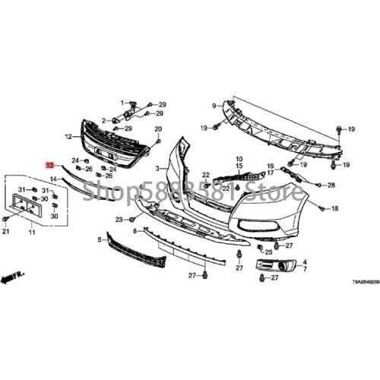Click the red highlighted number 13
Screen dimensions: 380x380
tap(49, 164)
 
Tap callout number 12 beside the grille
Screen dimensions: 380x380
tap(68, 137)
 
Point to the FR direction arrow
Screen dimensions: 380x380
tap(12, 279)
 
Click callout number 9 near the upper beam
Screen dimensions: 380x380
tap(214, 106)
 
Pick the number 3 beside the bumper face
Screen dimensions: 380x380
tap(157, 167)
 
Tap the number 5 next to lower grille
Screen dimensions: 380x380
tap(99, 239)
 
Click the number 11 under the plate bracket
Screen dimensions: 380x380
tap(32, 232)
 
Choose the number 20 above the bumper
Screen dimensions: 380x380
tap(158, 129)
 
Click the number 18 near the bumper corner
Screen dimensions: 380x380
tap(334, 207)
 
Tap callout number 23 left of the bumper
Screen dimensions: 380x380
tap(119, 220)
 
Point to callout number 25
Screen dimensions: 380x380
tap(269, 252)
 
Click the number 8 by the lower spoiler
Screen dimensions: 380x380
tap(135, 230)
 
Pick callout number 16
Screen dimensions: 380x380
tap(270, 166)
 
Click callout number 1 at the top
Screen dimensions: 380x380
tap(121, 102)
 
